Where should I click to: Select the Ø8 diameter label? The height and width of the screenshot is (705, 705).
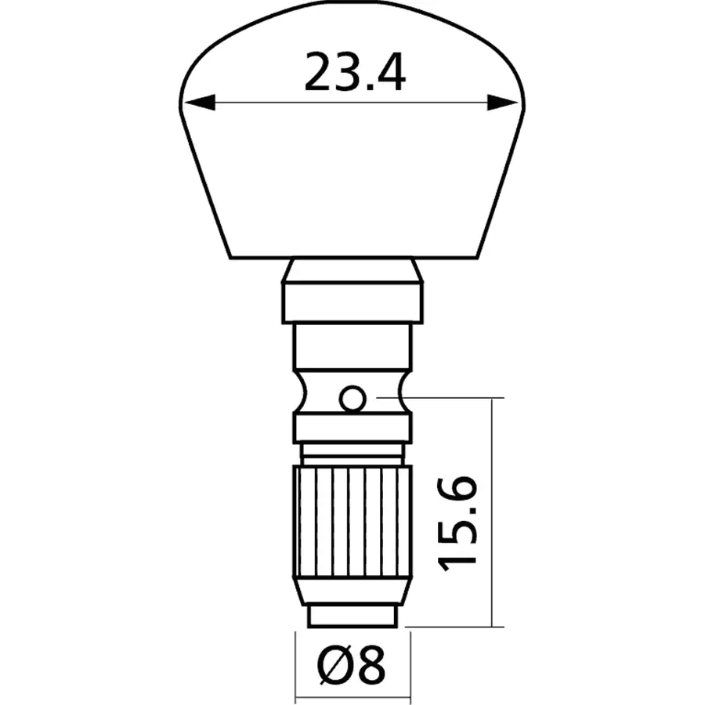352,667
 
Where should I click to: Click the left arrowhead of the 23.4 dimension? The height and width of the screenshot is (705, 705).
196,103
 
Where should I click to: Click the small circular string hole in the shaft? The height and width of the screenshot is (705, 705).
352,399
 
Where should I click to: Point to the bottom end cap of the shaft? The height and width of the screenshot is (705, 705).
352,616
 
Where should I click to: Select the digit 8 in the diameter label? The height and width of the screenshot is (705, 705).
374,667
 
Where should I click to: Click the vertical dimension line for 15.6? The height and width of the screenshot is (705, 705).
492,439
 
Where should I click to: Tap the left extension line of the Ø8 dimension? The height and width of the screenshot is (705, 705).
295,666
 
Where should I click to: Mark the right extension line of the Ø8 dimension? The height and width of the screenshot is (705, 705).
410,666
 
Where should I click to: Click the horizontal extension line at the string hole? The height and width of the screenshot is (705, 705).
454,398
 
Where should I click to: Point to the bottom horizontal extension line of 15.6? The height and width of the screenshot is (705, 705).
454,626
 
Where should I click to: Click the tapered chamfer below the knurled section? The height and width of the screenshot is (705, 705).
352,591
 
